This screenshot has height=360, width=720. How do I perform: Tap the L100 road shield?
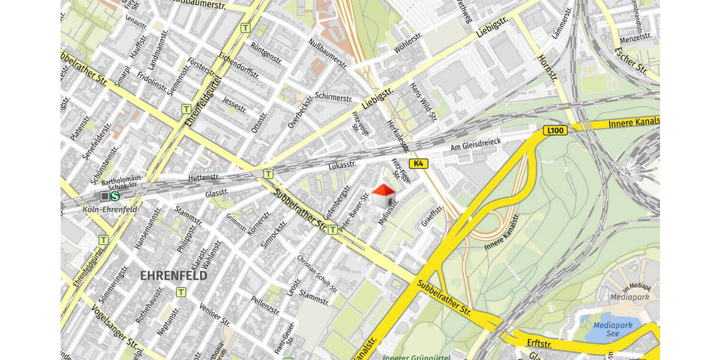click(x=555, y=130)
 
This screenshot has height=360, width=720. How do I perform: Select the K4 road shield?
click(x=418, y=163)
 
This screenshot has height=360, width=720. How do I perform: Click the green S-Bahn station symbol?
click(x=115, y=196)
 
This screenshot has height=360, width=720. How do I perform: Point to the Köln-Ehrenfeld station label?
click(x=110, y=209)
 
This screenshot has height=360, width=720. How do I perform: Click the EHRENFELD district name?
click(x=173, y=276)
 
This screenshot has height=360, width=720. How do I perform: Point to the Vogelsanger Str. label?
click(x=113, y=326)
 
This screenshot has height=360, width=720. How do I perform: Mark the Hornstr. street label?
click(x=548, y=70)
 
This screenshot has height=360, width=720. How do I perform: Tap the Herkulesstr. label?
click(x=397, y=136)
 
